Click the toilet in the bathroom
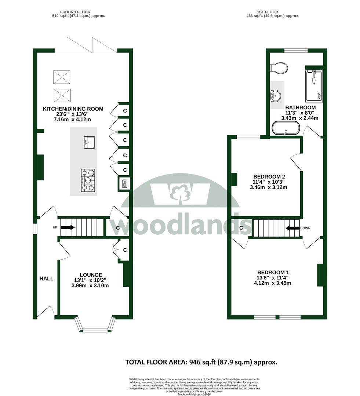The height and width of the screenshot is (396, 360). [279, 68]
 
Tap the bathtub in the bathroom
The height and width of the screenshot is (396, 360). [286, 128]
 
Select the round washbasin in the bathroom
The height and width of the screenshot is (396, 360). [276, 95]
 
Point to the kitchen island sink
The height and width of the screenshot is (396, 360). [90, 142]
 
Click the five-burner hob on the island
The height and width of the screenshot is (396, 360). [88, 180]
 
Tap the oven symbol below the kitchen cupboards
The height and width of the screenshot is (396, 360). [124, 184]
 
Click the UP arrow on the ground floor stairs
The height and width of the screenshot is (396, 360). [68, 227]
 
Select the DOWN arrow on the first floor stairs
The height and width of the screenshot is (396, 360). [292, 228]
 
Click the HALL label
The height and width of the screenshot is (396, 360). [47, 279]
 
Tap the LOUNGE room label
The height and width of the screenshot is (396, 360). [91, 275]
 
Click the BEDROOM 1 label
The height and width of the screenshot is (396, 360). [273, 272]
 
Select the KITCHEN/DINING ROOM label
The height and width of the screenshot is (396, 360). [73, 109]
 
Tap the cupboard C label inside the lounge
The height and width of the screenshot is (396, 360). [125, 250]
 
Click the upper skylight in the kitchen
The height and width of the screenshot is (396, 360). [62, 77]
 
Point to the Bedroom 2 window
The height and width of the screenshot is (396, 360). [248, 137]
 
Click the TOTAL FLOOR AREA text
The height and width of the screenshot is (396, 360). [201, 362]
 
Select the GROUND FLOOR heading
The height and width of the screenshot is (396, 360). [75, 12]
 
